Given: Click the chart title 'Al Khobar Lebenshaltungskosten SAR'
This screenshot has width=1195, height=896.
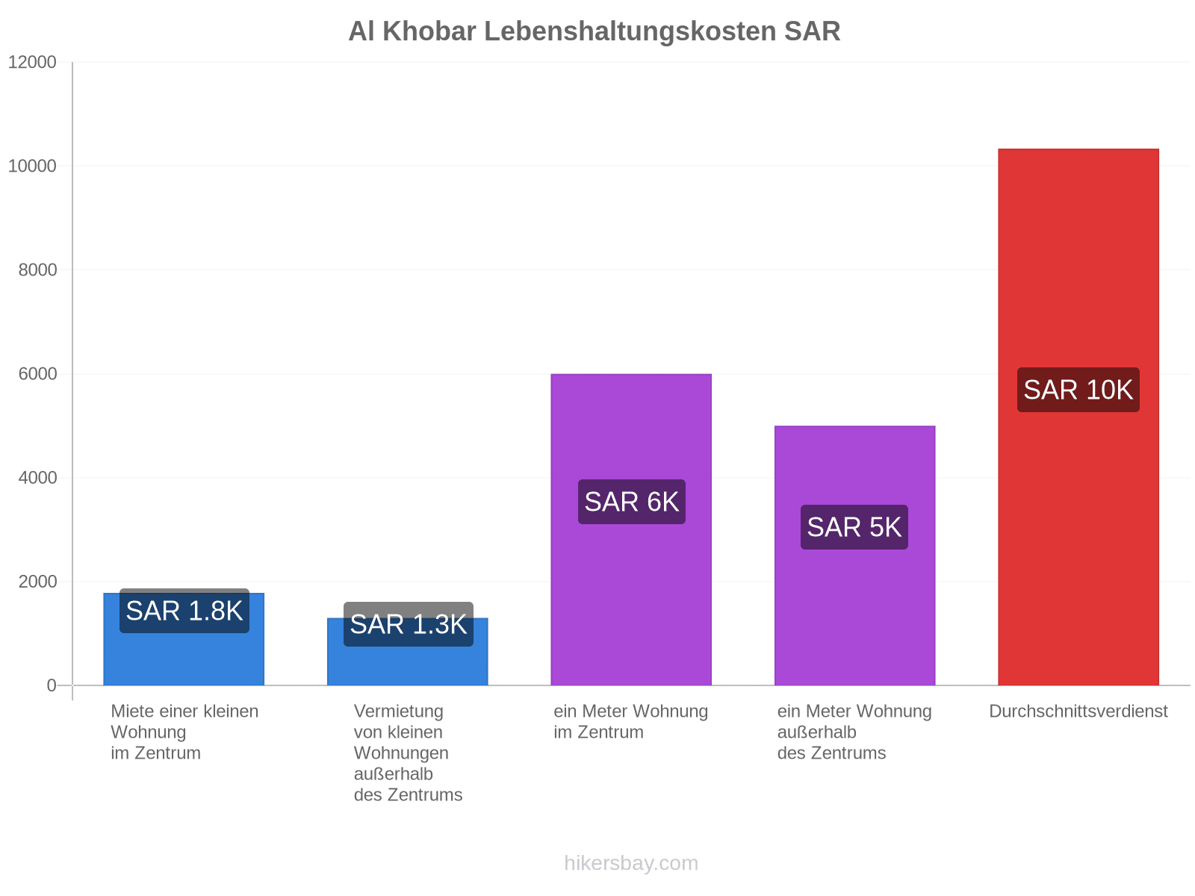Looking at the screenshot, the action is (594, 31).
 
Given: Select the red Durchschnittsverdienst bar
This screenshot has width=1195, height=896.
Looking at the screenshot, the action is (1078, 417).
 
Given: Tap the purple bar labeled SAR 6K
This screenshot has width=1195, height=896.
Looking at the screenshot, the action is (631, 529).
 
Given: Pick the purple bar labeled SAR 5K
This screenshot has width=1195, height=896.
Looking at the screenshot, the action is (854, 556).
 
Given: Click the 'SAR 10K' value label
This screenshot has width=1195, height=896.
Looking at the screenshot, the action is (1078, 390).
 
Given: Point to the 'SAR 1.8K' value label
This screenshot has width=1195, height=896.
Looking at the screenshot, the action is (184, 610).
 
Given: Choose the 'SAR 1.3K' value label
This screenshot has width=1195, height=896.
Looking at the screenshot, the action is (409, 624).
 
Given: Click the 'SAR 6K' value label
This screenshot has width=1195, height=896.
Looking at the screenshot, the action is (632, 502).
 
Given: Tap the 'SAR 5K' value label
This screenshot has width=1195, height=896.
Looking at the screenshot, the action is (854, 527).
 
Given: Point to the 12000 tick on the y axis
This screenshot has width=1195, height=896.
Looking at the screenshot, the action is (32, 62).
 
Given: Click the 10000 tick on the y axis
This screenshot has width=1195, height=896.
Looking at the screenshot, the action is (32, 166).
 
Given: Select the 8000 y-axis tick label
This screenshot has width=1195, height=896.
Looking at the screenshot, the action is (37, 270).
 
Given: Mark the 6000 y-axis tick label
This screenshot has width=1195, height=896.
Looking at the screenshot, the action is (37, 374).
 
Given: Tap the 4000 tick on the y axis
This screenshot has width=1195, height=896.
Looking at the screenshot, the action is (37, 478).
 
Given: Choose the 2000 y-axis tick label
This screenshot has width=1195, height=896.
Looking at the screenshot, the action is (37, 582).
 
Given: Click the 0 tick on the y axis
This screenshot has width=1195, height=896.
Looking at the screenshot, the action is (52, 685).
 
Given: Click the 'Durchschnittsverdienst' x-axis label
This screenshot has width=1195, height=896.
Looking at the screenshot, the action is (1078, 711).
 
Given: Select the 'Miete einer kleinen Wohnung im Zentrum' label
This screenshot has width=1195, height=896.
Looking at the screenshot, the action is (184, 732).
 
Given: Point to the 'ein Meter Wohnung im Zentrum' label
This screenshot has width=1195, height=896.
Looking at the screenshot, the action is (631, 721).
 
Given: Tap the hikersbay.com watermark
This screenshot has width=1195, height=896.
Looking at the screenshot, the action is (631, 863).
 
